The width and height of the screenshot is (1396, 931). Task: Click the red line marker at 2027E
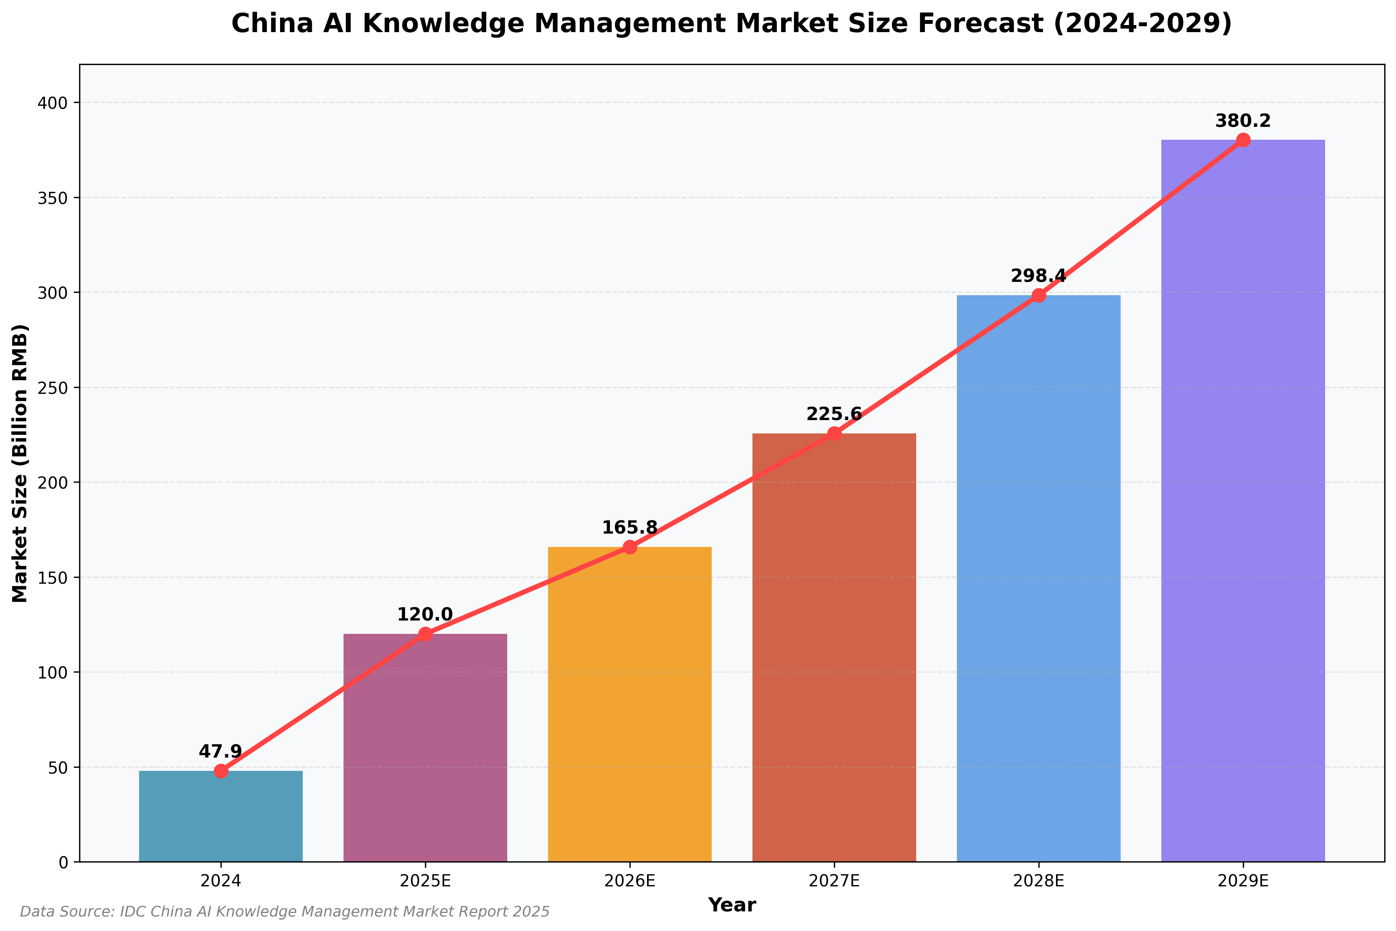[834, 433]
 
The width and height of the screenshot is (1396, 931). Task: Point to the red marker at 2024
[221, 771]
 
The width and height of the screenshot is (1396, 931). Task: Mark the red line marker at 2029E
[1243, 140]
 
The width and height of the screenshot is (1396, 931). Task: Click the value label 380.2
[1243, 121]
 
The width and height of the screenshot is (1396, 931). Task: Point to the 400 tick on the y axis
[52, 103]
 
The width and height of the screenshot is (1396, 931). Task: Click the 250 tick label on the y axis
[52, 388]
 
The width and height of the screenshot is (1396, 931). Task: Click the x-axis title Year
[732, 905]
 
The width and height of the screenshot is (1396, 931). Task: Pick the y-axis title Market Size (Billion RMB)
[20, 463]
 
